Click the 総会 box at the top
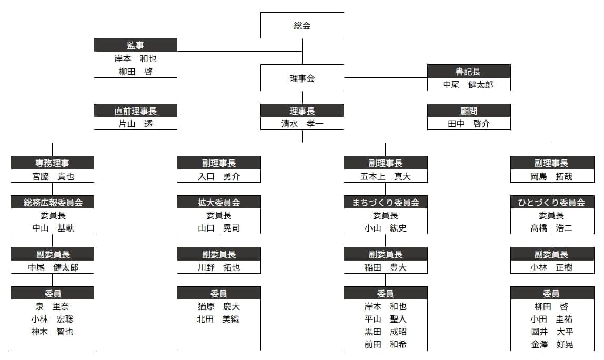pos(302,25)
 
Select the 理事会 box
pos(302,78)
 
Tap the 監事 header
pos(136,45)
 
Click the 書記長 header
pos(469,71)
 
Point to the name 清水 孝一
pos(302,124)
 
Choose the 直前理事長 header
pos(136,111)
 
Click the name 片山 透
pos(136,124)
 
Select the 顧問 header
pos(469,111)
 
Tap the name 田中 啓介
pos(469,124)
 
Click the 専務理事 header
pos(53,163)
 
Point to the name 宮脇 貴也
pos(53,176)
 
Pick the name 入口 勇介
pos(219,176)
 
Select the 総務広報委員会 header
pos(53,202)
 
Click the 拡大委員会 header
pos(219,202)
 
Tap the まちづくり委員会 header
pos(386,202)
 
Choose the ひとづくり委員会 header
pos(552,202)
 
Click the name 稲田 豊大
pos(386,267)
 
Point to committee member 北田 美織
pos(218,319)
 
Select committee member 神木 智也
pos(53,332)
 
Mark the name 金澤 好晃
pos(552,344)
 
